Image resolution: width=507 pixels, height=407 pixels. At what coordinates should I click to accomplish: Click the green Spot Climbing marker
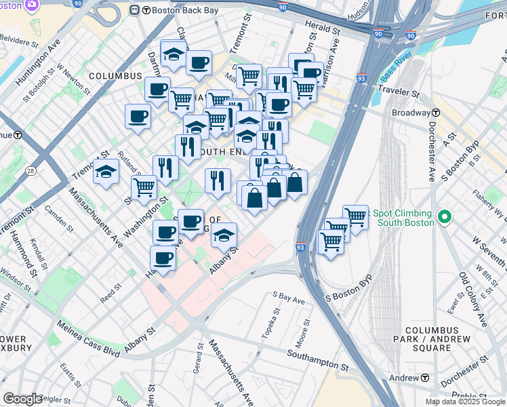pyautogui.click(x=445, y=217)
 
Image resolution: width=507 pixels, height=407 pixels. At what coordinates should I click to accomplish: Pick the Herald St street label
pyautogui.click(x=323, y=29)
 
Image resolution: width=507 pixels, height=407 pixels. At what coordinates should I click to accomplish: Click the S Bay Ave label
pyautogui.click(x=289, y=296)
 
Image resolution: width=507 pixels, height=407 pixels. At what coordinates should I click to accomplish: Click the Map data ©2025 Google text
pyautogui.click(x=464, y=402)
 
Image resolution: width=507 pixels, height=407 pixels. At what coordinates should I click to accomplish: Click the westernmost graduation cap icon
pyautogui.click(x=106, y=173)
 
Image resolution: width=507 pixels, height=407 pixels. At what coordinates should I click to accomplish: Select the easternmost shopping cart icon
pyautogui.click(x=355, y=216)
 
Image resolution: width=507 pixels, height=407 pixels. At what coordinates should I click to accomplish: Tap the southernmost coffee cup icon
pyautogui.click(x=163, y=258)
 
